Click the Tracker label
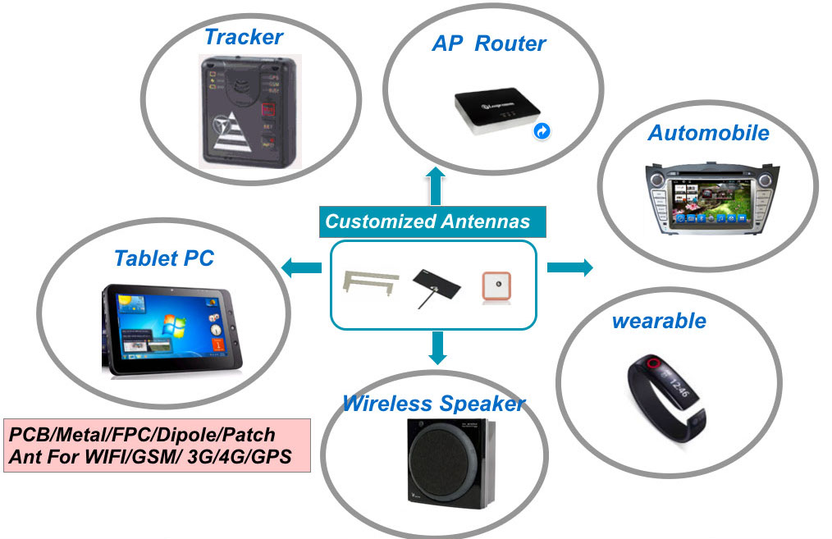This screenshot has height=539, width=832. pos(243,37)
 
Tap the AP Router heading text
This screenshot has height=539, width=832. pos(488,43)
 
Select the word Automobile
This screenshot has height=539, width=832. pos(708,133)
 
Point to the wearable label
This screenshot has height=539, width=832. pos(658,320)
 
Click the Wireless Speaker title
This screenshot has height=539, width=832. pos(433,404)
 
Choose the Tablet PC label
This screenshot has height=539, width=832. pos(163,258)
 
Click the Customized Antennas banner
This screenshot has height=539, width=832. pos(427,222)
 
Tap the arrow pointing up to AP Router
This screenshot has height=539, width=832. pos(435,185)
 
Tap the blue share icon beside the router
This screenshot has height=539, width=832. pos(542,130)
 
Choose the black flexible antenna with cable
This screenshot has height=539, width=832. pos(432,285)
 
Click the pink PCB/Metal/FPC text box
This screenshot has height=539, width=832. pos(157,445)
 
